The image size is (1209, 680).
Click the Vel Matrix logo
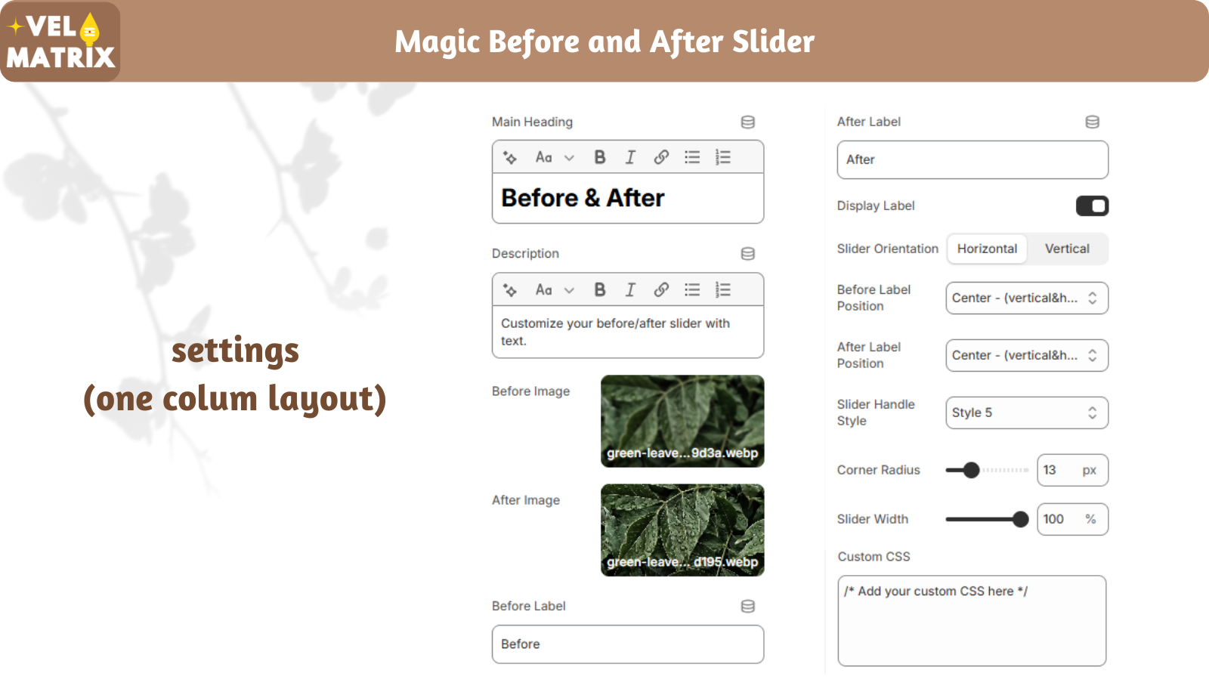point(60,42)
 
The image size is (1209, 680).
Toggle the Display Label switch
point(1092,206)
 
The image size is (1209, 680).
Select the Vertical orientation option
point(1067,249)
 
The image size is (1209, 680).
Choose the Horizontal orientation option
point(987,249)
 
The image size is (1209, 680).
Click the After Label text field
point(972,159)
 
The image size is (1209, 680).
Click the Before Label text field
point(628,644)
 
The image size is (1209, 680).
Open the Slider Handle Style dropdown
point(1027,413)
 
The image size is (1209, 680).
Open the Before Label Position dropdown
point(1027,298)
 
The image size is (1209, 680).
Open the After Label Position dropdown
point(1027,355)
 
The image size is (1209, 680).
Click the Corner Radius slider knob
point(971,470)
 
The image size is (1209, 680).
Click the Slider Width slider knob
point(1020,519)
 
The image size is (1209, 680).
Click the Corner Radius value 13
point(1050,470)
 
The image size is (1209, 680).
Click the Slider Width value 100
point(1053,519)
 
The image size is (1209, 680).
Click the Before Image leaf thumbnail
point(682,421)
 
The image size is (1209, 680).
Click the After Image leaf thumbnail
point(682,530)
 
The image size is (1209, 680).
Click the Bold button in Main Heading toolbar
point(600,157)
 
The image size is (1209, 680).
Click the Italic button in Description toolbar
point(630,290)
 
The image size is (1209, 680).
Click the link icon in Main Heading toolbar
point(661,157)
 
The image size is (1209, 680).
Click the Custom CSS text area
point(972,620)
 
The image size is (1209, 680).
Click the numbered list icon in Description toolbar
point(722,290)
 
